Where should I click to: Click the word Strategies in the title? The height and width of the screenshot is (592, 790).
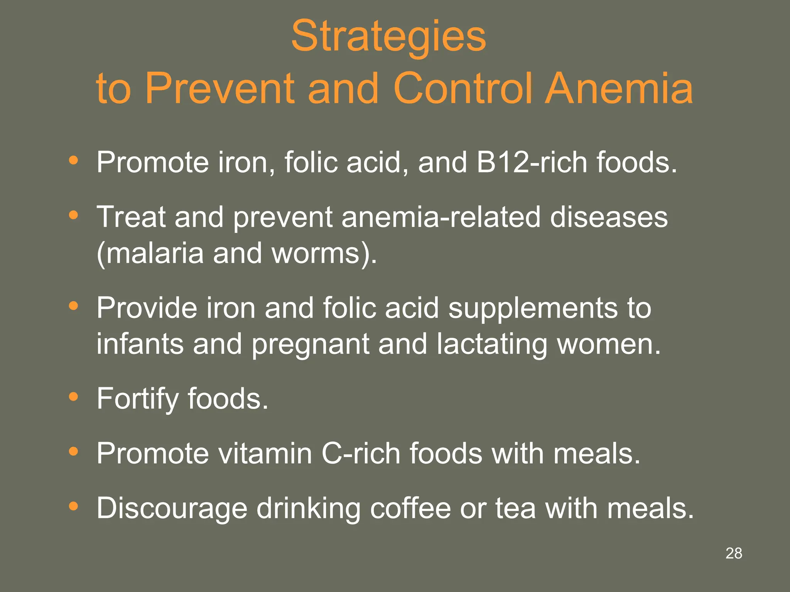click(x=388, y=37)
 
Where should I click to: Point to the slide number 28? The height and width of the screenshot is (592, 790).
click(x=734, y=553)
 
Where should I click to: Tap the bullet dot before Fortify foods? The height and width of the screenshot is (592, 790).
click(x=73, y=397)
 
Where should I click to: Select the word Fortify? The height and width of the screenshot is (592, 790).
click(x=137, y=399)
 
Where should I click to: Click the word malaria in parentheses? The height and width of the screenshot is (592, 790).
click(x=154, y=253)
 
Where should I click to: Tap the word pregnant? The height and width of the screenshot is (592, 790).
click(x=311, y=344)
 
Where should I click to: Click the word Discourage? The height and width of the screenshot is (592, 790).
click(x=172, y=509)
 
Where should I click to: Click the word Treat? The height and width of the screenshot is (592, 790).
click(x=131, y=217)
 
